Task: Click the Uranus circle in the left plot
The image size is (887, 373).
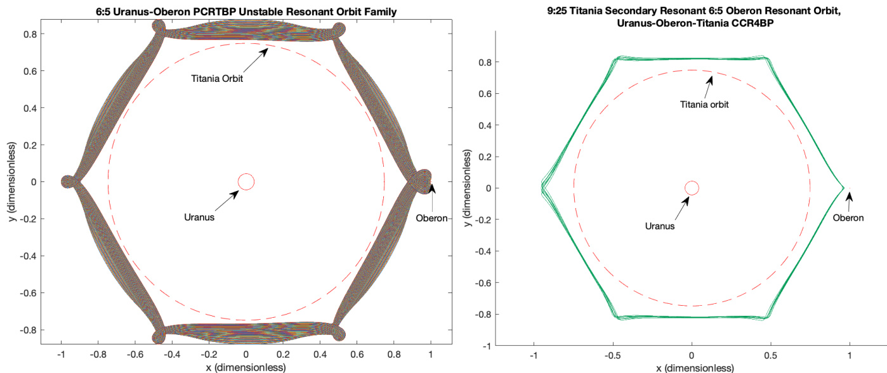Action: point(246,182)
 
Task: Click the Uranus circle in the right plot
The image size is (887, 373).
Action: point(692,188)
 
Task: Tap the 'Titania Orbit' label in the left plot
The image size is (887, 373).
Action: point(217,79)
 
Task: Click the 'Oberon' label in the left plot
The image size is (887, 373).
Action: point(431,219)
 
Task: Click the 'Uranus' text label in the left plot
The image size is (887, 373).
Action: point(199,217)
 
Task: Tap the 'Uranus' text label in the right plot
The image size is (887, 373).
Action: point(659,225)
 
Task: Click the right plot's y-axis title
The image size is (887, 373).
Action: point(468,188)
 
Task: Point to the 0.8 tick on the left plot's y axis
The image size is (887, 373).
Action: point(30,34)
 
